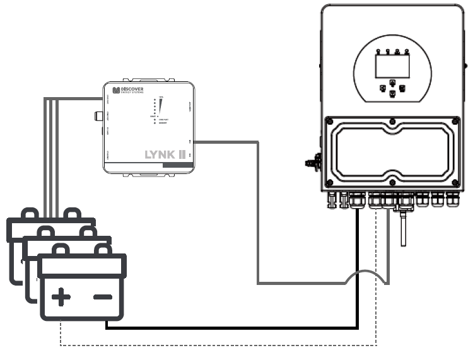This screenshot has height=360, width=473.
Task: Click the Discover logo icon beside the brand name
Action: tap(115, 91)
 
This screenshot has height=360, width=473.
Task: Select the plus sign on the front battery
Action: tap(61, 296)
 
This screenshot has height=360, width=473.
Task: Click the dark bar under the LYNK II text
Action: tap(178, 165)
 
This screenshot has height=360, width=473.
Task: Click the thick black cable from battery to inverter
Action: tap(233, 327)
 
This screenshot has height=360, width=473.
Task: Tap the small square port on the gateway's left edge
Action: tap(98, 116)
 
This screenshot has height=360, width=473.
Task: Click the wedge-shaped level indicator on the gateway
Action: tap(161, 108)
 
